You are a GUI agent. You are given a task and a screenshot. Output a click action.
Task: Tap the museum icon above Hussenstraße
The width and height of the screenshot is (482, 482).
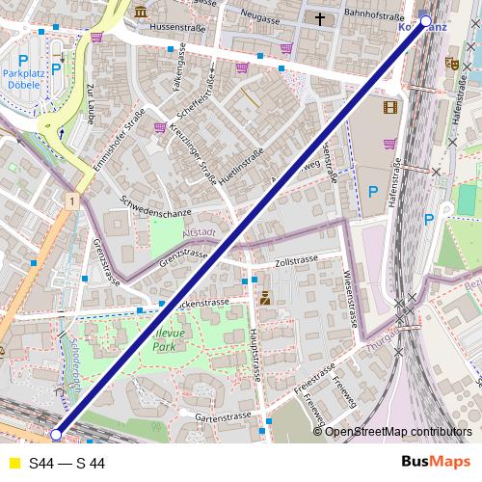coord(142,13)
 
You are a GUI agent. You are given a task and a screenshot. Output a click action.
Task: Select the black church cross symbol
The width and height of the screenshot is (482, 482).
coord(319,17)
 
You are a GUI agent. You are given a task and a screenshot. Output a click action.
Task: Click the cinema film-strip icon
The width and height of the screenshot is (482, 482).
coord(389,108)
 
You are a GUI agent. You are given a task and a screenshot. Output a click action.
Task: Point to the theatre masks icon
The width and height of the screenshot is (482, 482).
coord(450,64)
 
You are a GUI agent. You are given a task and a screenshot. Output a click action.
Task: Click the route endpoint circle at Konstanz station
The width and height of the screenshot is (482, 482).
coord(426,19)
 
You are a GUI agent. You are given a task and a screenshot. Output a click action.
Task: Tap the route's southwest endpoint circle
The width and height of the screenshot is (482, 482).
coord(56,436)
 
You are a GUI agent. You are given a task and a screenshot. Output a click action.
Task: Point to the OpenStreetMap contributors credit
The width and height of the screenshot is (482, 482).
coord(398,432)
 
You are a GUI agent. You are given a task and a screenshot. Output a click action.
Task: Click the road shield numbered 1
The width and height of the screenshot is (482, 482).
coord(71,200)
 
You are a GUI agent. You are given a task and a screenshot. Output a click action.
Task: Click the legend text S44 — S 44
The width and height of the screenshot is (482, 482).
coord(67,464)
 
